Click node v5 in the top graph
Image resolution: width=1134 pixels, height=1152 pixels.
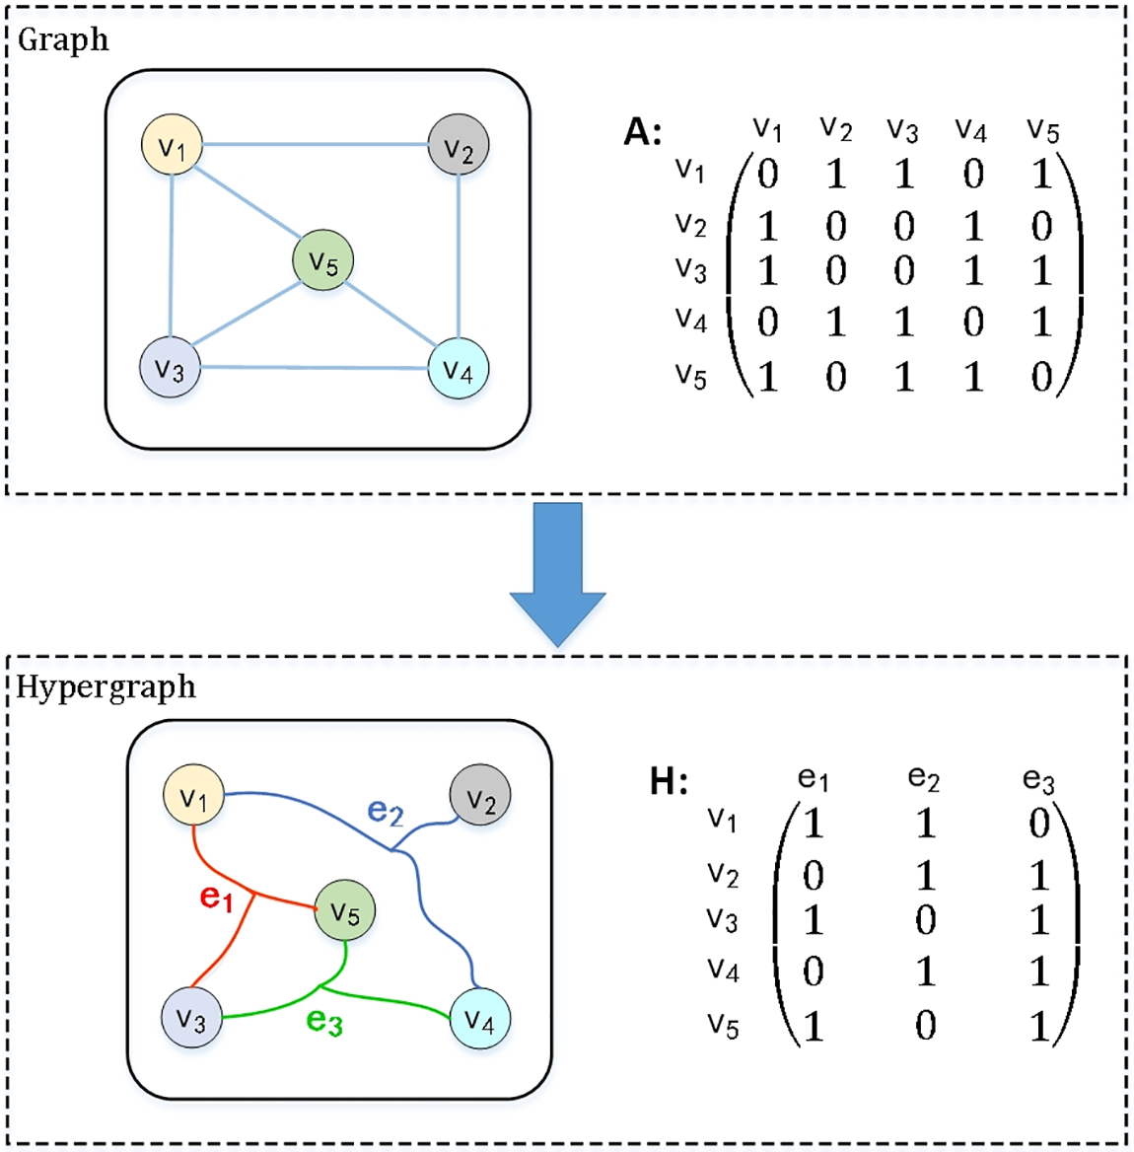[322, 260]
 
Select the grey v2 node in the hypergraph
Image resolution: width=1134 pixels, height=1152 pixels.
[479, 795]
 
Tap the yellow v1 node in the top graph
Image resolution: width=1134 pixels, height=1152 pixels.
[172, 145]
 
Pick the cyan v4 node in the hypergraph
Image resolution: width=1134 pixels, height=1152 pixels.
[479, 1018]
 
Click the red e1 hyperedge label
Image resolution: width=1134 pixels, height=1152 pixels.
[217, 898]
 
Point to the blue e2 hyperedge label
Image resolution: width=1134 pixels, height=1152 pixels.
[386, 811]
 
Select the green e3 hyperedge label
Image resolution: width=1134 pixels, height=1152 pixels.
[323, 1020]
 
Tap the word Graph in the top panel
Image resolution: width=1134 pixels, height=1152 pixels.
[63, 40]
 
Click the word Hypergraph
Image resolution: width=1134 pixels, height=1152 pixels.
[106, 687]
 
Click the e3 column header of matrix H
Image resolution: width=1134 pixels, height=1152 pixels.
[1038, 780]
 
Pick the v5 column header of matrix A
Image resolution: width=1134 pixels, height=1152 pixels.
[1043, 131]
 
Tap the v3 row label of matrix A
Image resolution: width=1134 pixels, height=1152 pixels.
[691, 270]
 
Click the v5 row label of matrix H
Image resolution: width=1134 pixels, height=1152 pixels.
[723, 1026]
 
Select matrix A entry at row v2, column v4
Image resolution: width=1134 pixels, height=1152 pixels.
[973, 226]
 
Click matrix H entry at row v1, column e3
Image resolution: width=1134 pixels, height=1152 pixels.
[1038, 824]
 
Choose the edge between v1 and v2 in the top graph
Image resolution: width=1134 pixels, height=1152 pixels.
[316, 145]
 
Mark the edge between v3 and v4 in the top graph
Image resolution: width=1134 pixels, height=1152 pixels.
[315, 367]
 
